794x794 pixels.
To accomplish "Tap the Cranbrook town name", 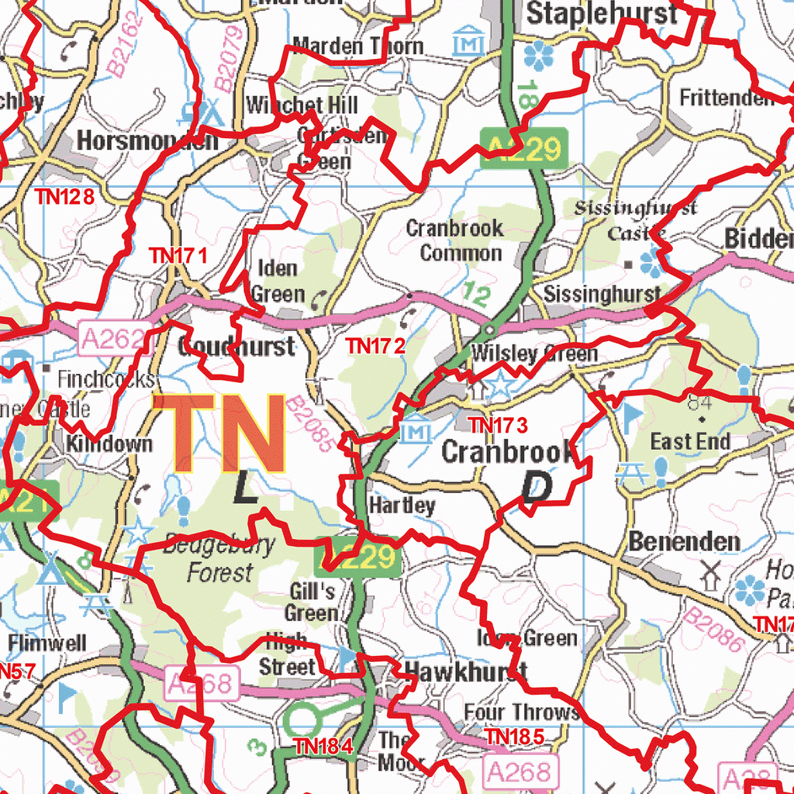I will coord(508,452).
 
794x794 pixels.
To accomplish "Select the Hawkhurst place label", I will coord(465,672).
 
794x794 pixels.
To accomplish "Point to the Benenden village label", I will coord(684,541).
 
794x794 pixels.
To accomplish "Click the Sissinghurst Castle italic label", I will coord(636,219).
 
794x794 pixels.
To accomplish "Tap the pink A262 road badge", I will coord(113,339).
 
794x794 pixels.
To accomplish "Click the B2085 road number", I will coord(309,425).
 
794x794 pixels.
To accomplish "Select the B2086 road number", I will coord(714,628).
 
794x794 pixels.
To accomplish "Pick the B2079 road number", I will coord(230,58).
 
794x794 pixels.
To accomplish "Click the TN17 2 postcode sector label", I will coord(376,346).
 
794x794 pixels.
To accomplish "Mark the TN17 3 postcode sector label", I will coord(498,425).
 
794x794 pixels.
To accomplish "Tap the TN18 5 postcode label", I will coord(514,736).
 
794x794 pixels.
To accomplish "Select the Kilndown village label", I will coord(109,444).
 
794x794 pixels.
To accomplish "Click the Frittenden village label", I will coord(727,98).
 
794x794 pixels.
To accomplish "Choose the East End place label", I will coord(690,442).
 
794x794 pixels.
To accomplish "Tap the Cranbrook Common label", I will coord(455,240).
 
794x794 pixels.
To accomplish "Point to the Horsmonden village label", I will coord(147,141).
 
